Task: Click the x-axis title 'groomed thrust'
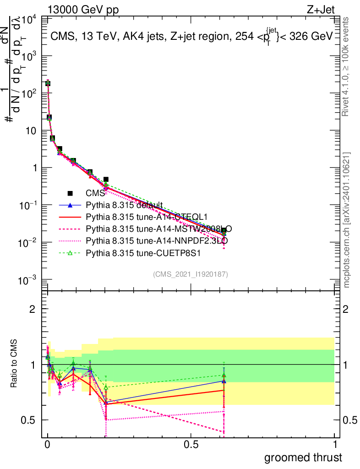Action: coord(302,458)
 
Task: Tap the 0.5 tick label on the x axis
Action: coord(191,445)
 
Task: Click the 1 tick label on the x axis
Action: coord(334,445)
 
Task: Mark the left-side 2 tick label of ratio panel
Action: coord(32,309)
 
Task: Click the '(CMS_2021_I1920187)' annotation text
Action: coord(191,274)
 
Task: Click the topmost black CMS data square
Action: coord(48,83)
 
